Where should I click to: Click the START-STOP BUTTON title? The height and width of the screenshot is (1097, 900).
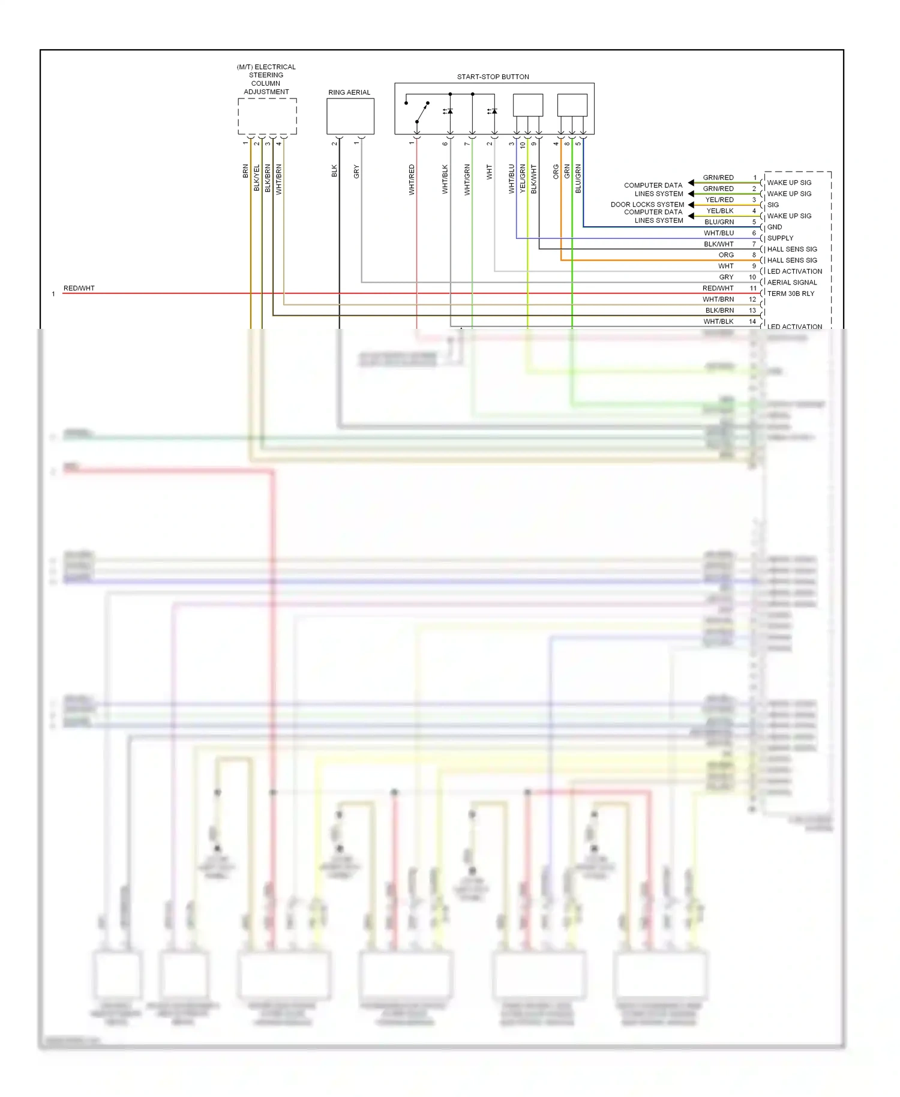[493, 77]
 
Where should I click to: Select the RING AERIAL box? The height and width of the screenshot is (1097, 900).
[350, 116]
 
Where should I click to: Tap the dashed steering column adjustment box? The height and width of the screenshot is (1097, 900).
[267, 116]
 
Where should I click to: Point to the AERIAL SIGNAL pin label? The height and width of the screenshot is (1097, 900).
[791, 282]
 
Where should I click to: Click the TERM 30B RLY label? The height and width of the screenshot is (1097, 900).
[790, 293]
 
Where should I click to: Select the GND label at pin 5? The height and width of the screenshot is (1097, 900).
[774, 227]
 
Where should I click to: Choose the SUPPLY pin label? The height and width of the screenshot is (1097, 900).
[779, 238]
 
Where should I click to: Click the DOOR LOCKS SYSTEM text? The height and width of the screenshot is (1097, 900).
[647, 205]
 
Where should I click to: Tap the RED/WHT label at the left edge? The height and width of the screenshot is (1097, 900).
[79, 288]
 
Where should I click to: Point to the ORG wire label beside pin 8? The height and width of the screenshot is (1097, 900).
[725, 255]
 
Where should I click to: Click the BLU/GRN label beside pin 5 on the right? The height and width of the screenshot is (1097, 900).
[719, 222]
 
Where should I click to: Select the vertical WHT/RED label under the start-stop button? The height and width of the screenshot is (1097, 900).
[412, 179]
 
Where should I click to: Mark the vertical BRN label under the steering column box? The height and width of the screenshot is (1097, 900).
[245, 171]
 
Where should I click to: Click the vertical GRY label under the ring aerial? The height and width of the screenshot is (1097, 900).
[356, 172]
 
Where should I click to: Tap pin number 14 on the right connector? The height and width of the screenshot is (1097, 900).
[752, 322]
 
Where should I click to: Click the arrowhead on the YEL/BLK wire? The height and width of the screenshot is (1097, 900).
[691, 215]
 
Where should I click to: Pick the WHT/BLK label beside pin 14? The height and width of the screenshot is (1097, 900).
[718, 322]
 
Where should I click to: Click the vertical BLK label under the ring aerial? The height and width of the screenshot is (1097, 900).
[334, 171]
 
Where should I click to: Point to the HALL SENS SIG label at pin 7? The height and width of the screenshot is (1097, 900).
[791, 249]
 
